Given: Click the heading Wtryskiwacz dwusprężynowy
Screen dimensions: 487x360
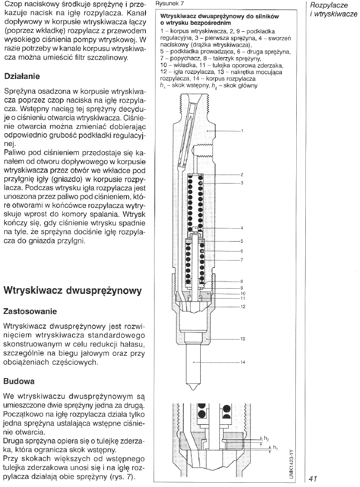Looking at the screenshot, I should point(72,291).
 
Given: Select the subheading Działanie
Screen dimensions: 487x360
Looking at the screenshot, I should point(21,76).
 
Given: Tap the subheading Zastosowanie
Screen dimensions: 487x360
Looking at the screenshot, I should point(37,312).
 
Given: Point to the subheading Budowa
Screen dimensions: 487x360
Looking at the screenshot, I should point(19,381).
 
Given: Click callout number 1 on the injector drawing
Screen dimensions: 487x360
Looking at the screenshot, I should point(242,131).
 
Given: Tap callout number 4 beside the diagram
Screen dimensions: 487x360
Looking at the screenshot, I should point(242,228).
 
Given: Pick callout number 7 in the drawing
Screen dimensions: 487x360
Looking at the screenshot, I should point(242,260).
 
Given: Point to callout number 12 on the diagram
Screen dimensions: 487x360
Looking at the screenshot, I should point(243,307).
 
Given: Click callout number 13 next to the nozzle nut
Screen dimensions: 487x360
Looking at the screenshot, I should point(243,339).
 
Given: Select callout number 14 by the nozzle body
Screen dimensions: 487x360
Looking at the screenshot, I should point(243,362).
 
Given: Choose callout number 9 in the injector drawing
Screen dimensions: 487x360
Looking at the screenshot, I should point(242,287).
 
